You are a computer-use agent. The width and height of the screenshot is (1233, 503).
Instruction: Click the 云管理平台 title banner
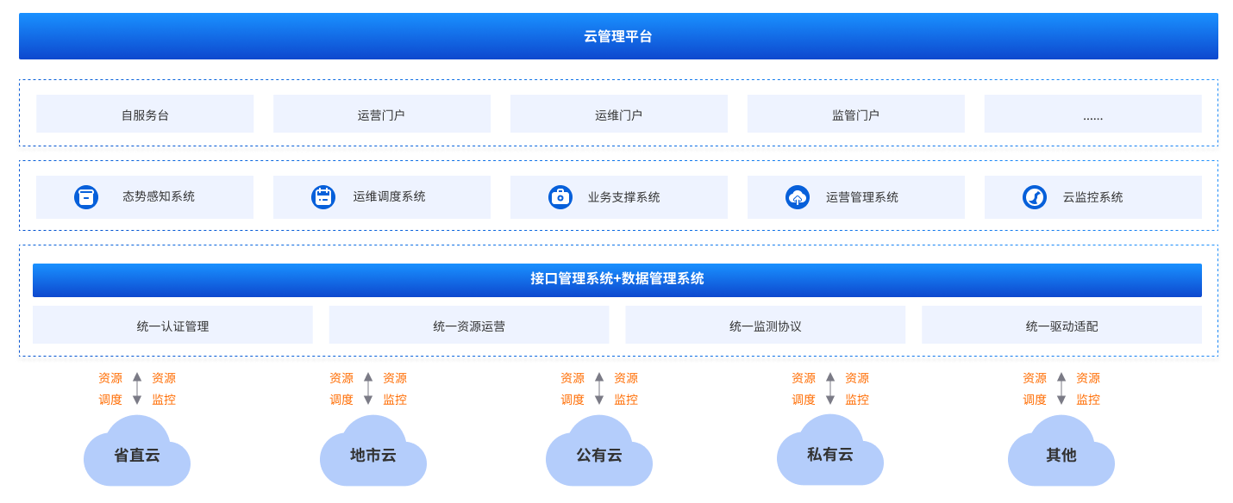[617, 36]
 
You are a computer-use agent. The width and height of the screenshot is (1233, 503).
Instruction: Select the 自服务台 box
[145, 115]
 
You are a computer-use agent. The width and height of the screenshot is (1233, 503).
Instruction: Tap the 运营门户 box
[381, 115]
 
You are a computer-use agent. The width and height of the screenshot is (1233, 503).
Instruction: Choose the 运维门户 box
[618, 115]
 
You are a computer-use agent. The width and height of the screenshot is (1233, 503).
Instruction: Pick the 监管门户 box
[855, 115]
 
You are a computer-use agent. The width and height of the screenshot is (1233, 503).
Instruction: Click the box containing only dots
[1092, 115]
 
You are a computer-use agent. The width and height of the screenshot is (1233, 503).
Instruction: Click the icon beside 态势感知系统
[86, 197]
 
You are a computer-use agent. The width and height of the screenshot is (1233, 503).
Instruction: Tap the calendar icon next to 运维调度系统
[323, 197]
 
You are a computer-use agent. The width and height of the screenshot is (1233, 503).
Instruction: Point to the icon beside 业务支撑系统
[560, 197]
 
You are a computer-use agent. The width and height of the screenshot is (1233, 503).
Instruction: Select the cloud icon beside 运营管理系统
[798, 197]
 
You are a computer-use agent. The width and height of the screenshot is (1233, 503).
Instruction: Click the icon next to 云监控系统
[1035, 197]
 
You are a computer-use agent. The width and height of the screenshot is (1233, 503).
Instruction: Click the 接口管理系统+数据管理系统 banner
[617, 280]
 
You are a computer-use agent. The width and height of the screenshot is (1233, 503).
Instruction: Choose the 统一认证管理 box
[172, 326]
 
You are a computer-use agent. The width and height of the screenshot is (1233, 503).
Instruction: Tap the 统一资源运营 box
[469, 326]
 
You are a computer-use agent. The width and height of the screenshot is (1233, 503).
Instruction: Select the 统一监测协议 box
[765, 326]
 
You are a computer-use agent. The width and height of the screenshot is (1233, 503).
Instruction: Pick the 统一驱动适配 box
[1061, 326]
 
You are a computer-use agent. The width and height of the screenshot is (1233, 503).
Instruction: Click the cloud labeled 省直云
[137, 453]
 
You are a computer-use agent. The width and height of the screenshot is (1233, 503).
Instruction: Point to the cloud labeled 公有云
[599, 453]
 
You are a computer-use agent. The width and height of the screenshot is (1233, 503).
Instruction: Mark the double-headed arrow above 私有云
[830, 388]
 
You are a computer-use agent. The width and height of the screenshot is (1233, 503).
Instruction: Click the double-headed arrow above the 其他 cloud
[1061, 388]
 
